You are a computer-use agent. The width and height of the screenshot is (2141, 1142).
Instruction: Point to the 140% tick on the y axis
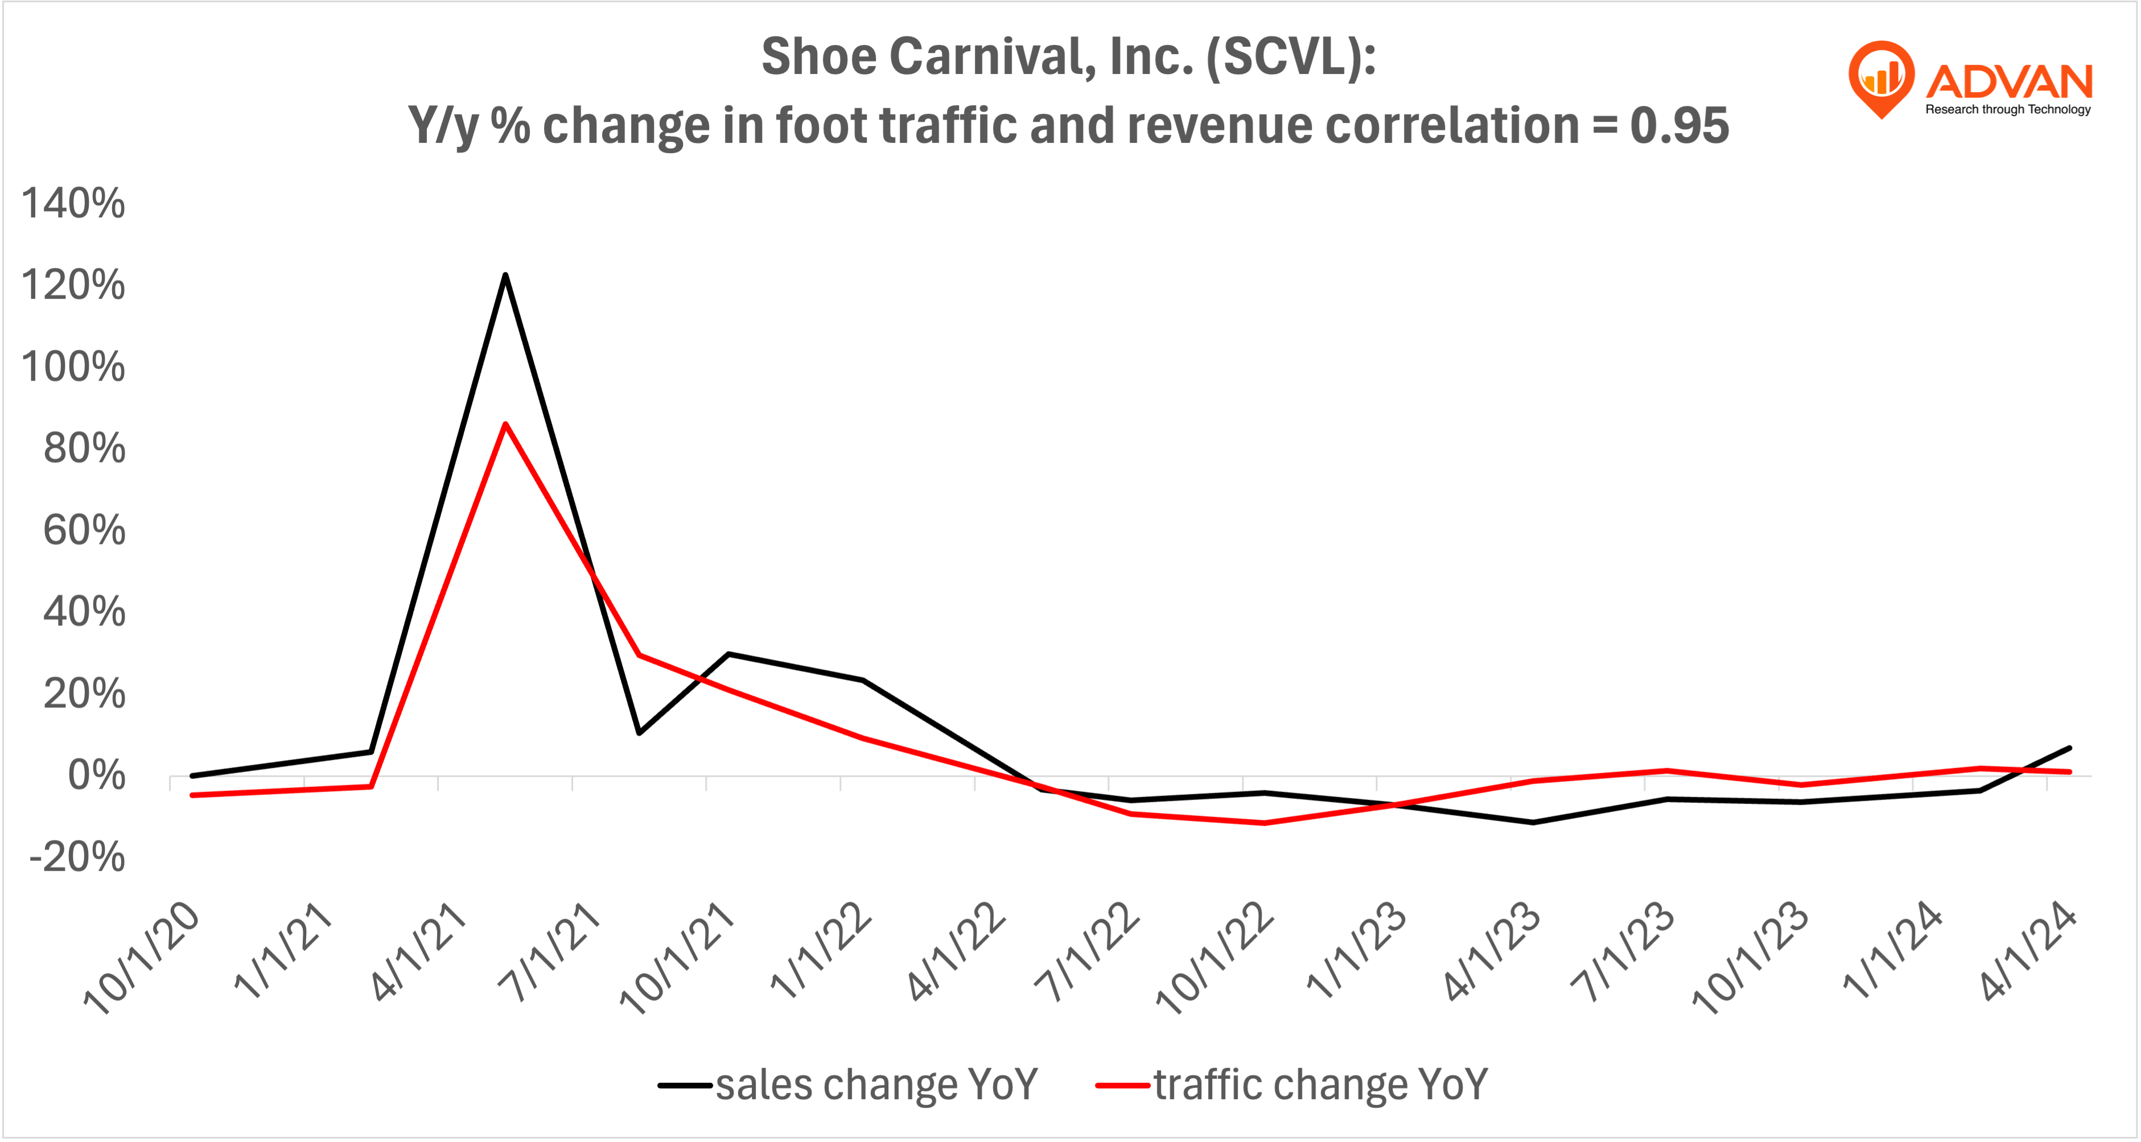(73, 204)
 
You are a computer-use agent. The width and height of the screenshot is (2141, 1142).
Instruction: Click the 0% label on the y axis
(96, 776)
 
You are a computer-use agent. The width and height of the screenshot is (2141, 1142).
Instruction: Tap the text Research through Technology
(2007, 110)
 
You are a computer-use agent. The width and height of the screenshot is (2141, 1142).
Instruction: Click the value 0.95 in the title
(1679, 126)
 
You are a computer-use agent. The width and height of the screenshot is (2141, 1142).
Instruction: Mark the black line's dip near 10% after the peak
(639, 732)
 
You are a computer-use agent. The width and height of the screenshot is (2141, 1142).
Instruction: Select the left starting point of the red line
(192, 795)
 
